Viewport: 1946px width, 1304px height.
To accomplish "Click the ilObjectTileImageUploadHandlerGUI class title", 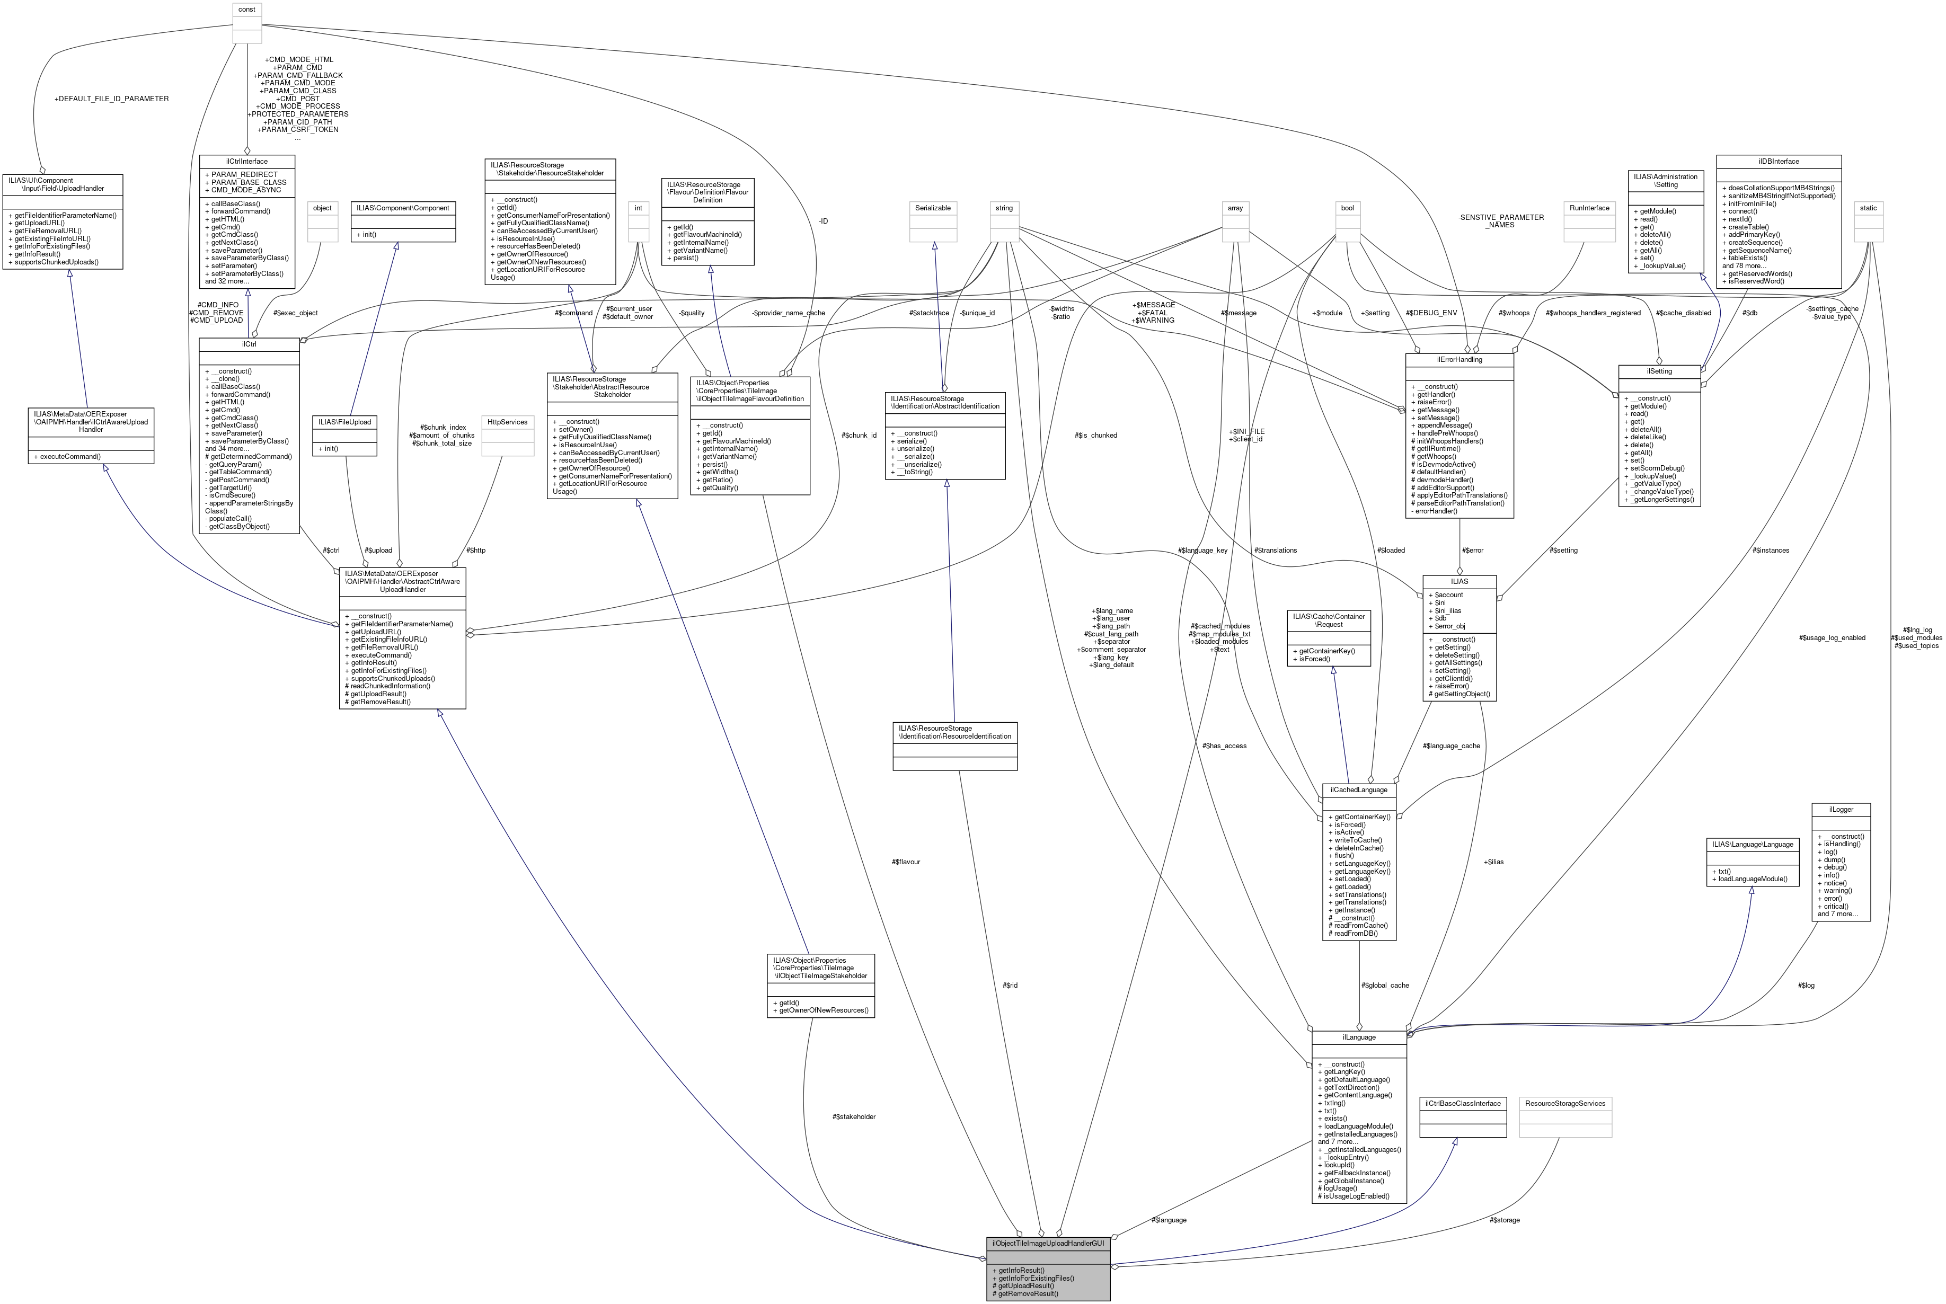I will point(1048,1243).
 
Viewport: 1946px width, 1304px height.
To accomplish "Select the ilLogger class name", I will point(1841,809).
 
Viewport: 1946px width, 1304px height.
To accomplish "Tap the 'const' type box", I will point(247,9).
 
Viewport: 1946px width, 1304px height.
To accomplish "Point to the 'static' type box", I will point(1868,208).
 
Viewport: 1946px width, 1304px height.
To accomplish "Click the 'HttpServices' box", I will point(507,422).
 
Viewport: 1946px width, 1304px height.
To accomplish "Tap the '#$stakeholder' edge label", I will point(853,1116).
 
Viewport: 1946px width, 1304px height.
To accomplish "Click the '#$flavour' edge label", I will point(906,862).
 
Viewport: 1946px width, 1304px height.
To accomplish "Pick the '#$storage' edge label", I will point(1505,1220).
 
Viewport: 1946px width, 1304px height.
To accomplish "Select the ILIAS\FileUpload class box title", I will point(344,422).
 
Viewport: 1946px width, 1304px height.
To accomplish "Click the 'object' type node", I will point(323,208).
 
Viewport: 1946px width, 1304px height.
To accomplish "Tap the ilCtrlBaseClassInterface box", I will point(1463,1104).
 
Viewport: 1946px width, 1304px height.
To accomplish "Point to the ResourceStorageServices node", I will point(1565,1104).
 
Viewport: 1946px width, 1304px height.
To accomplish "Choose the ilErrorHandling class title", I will point(1460,359).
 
